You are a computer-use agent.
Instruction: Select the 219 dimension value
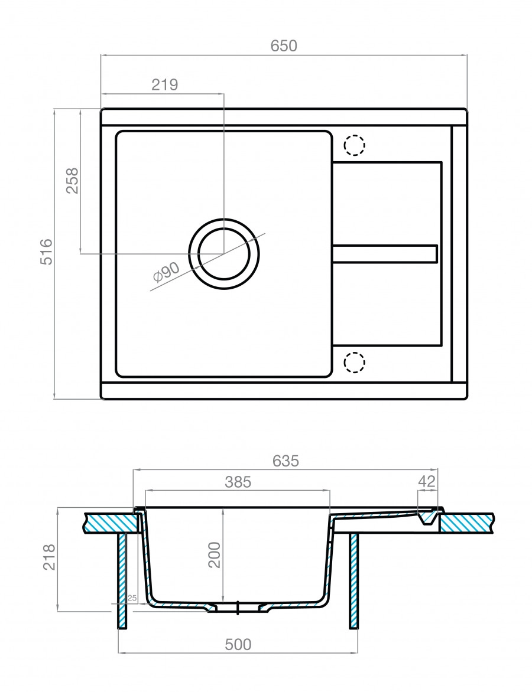pos(165,84)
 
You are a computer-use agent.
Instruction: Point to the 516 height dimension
pos(47,252)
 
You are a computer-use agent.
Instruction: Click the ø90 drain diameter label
pos(166,272)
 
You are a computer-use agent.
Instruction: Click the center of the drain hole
pos(224,254)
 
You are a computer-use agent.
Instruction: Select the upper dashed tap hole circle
pos(355,145)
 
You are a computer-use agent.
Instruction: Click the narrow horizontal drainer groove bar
pos(385,253)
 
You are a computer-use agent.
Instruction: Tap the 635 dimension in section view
pos(286,461)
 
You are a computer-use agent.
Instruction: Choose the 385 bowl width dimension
pos(238,482)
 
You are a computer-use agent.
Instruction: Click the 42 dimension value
pos(427,481)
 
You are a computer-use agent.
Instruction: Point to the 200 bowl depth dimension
pos(214,554)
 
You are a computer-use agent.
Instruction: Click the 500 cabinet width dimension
pos(238,644)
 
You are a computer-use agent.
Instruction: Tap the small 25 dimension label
pos(132,599)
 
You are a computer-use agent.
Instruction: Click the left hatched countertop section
pos(112,523)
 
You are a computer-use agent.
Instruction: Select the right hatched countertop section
pos(467,523)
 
